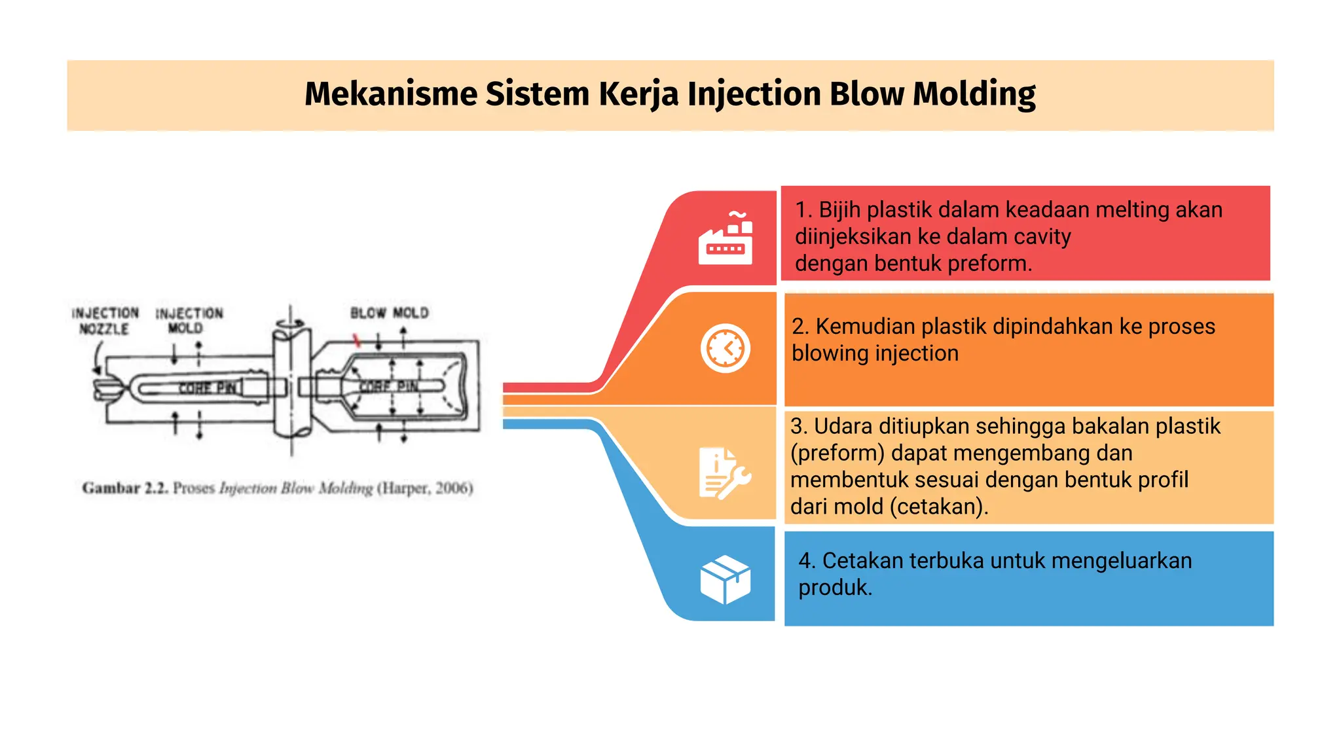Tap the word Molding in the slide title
pyautogui.click(x=974, y=94)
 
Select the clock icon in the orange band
pyautogui.click(x=725, y=348)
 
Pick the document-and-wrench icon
pyautogui.click(x=724, y=473)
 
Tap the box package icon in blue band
pyautogui.click(x=725, y=580)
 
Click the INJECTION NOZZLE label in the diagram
pyautogui.click(x=105, y=321)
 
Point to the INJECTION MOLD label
pyautogui.click(x=189, y=321)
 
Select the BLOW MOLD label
pyautogui.click(x=390, y=313)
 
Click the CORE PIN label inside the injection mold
pyautogui.click(x=208, y=388)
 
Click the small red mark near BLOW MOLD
pyautogui.click(x=357, y=340)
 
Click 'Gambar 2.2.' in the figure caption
pyautogui.click(x=125, y=488)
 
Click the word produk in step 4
pyautogui.click(x=834, y=588)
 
